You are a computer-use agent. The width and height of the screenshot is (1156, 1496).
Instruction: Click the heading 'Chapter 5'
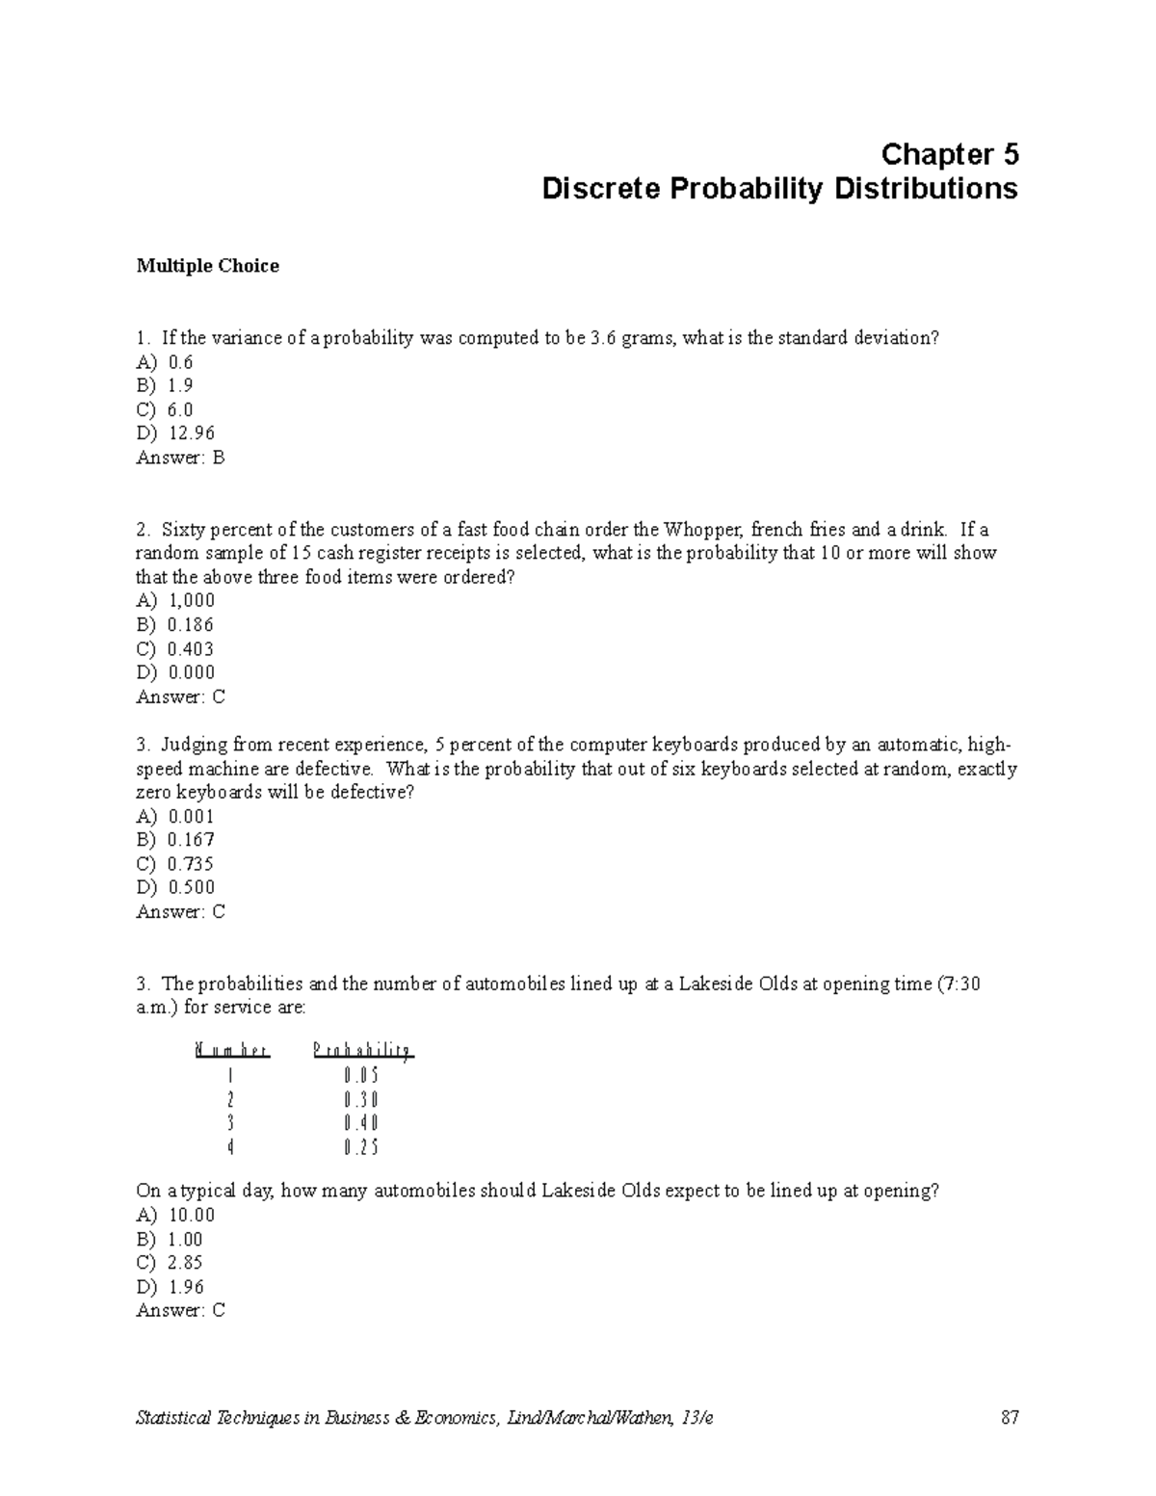pos(949,154)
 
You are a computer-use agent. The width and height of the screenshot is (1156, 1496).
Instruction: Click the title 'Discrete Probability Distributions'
pos(779,188)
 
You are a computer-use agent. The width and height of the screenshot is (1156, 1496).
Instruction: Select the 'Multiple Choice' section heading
pos(207,266)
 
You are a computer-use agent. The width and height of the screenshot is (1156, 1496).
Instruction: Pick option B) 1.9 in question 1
pos(165,385)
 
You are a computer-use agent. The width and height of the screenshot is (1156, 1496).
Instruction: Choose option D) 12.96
pos(175,433)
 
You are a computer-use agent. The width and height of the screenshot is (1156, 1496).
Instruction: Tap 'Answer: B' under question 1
pos(180,458)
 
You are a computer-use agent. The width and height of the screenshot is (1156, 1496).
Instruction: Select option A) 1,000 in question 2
pos(175,601)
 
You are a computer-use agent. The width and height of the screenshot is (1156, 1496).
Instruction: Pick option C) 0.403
pos(174,649)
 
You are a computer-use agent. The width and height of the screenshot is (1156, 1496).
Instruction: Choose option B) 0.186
pos(174,625)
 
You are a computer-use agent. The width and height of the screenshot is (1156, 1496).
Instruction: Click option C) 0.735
pos(174,864)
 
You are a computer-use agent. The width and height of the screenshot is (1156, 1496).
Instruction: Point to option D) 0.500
pos(175,887)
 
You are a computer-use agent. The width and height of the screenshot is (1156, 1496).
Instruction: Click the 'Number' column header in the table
pos(231,1051)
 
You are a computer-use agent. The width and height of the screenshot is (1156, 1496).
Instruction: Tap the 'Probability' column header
pos(363,1051)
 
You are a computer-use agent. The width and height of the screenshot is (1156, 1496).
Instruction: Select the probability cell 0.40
pos(361,1123)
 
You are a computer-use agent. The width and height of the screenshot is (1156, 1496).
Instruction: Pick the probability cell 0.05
pos(361,1076)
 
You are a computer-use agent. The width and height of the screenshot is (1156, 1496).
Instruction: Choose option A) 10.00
pos(175,1216)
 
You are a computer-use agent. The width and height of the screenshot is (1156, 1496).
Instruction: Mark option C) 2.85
pos(170,1263)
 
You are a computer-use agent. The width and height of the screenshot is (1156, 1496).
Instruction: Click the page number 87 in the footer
pos(1009,1417)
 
